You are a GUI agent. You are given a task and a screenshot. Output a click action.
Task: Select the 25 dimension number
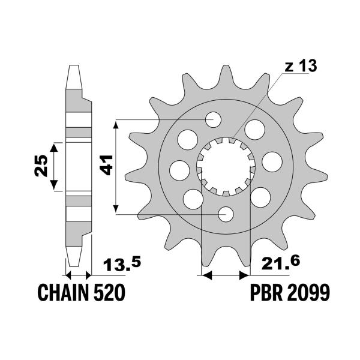pyautogui.click(x=40, y=166)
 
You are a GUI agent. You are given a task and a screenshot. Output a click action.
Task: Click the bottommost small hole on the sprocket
pyautogui.click(x=226, y=213)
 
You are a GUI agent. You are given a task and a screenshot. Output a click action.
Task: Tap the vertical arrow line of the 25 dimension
pyautogui.click(x=55, y=166)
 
